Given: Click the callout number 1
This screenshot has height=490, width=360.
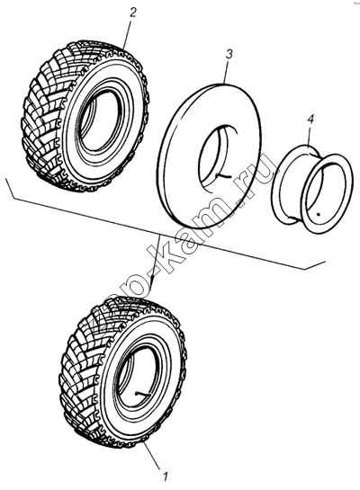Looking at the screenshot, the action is pos(166,477).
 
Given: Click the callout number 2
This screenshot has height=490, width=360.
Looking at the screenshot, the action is pos(132,13).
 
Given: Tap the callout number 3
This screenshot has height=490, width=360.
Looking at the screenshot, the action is pos(229,54).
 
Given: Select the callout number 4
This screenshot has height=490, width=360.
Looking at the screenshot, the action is pos(310,119).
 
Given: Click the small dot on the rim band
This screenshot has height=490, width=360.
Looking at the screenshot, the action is pos(318,214).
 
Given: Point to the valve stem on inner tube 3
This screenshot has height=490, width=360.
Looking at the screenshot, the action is pos(223,176).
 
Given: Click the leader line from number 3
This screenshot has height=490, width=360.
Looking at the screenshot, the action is pos(227,72).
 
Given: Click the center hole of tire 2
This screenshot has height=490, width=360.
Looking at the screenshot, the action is pos(100,120).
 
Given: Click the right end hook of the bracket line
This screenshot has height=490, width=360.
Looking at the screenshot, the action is pos(315,265).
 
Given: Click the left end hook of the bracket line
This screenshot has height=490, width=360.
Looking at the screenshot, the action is pos(9,188).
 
